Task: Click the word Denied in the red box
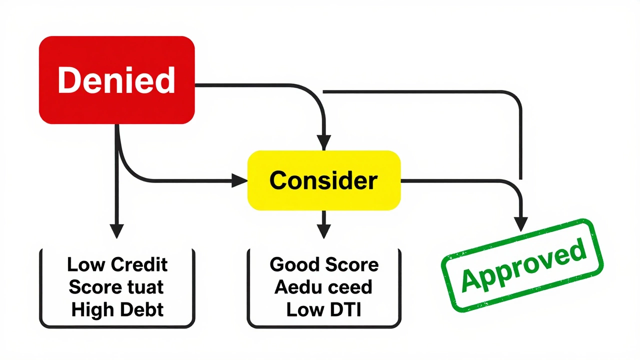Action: tap(116, 80)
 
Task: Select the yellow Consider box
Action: tap(324, 180)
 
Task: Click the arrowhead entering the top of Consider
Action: tap(324, 142)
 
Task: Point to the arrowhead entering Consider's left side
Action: tap(240, 180)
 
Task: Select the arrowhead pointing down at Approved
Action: tap(521, 223)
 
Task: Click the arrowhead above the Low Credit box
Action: tap(116, 230)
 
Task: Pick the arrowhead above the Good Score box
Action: tap(324, 230)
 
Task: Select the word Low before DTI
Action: tap(304, 310)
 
